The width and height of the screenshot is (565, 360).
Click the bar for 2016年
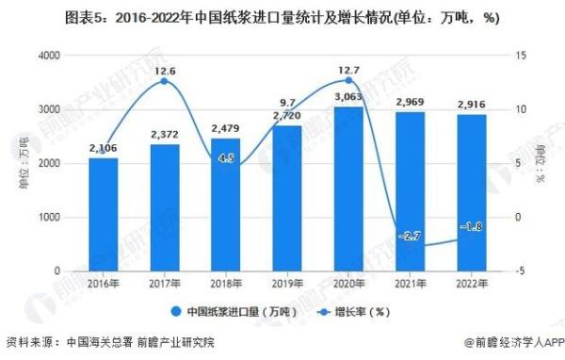coord(104,214)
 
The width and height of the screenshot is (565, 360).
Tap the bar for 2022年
coord(471,192)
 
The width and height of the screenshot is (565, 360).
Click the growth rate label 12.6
coord(165,71)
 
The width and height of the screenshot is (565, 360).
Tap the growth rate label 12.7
coord(348,69)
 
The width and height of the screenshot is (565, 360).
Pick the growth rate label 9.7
coord(287,102)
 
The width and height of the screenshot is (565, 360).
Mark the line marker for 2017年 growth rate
coord(165,82)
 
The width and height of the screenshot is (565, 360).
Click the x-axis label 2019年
coord(287,283)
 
